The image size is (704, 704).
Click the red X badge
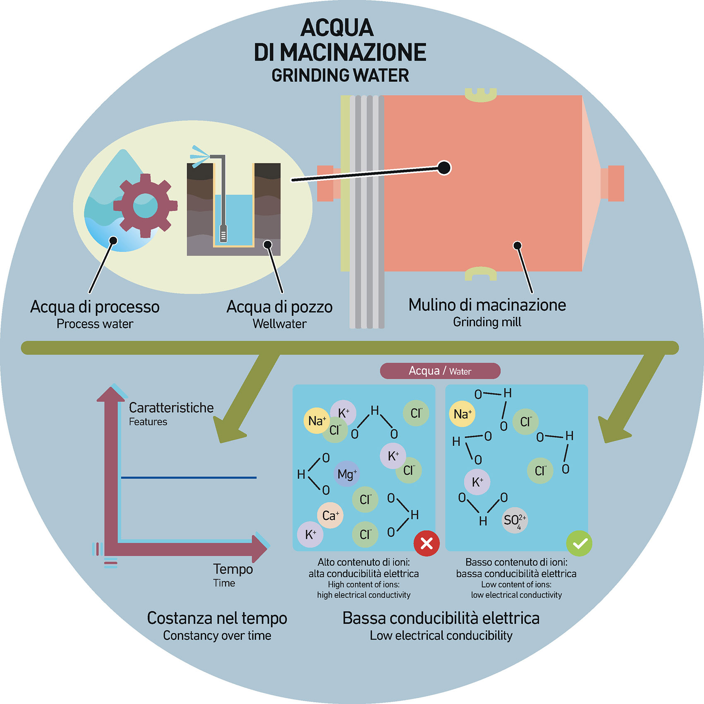(x=426, y=543)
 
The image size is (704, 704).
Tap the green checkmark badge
(x=579, y=543)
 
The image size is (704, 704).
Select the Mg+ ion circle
(x=346, y=474)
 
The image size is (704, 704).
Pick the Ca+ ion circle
(x=330, y=515)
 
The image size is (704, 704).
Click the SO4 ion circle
(x=514, y=520)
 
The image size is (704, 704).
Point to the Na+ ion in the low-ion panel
(x=462, y=414)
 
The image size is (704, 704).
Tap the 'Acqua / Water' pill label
(x=440, y=371)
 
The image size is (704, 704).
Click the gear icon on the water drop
(x=145, y=206)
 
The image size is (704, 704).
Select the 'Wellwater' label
(x=279, y=324)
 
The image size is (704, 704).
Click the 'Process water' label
(x=95, y=324)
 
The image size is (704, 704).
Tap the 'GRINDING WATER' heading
(x=340, y=75)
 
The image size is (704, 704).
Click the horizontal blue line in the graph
(x=189, y=478)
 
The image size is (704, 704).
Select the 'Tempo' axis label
(x=233, y=569)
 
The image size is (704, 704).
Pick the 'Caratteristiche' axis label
(x=171, y=408)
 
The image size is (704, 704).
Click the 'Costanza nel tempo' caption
(x=217, y=618)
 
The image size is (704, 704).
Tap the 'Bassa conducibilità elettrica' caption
(x=441, y=618)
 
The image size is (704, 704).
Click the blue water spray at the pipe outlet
(x=199, y=155)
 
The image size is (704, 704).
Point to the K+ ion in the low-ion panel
(x=477, y=482)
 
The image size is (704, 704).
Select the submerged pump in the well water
(x=223, y=233)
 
